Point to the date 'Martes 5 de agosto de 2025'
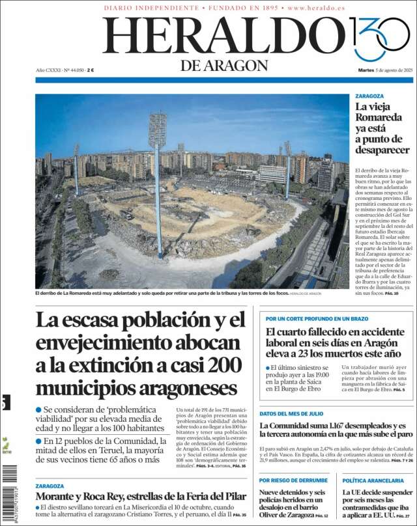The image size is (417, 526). (386, 70)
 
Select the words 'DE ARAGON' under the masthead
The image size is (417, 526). (224, 65)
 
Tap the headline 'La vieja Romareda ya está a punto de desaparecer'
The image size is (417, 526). (382, 128)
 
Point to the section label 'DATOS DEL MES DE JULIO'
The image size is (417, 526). (291, 413)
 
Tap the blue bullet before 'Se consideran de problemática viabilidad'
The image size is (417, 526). (38, 409)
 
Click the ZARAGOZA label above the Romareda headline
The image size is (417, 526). (369, 96)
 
